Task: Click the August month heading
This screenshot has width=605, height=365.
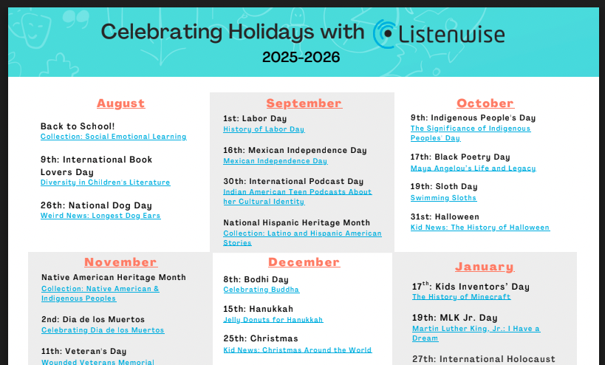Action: (x=120, y=103)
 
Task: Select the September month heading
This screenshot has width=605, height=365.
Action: (x=304, y=103)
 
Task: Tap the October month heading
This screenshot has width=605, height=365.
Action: (x=485, y=103)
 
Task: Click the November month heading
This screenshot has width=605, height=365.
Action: (x=120, y=262)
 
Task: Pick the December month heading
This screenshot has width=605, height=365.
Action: (x=304, y=262)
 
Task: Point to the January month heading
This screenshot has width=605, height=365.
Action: (x=485, y=267)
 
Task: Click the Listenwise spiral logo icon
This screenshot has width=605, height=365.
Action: (x=383, y=34)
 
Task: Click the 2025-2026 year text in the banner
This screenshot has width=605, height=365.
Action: (x=301, y=57)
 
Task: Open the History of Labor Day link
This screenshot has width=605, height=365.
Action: (x=264, y=129)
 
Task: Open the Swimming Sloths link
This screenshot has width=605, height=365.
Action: (x=443, y=198)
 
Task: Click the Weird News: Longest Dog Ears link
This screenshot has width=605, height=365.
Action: (x=100, y=216)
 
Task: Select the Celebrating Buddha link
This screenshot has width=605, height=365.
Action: (x=262, y=290)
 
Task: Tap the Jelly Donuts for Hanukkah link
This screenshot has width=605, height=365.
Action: (x=273, y=319)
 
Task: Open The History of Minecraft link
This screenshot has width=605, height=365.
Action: (x=461, y=297)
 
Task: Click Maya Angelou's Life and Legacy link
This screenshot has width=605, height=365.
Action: (x=473, y=168)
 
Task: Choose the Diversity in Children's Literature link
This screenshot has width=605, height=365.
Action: (x=106, y=182)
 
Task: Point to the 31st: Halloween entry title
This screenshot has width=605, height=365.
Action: (x=445, y=216)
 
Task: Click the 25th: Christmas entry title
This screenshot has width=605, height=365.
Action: (x=261, y=338)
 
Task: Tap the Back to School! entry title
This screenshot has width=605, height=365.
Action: (x=78, y=126)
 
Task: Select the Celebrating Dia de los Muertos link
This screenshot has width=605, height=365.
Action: (x=103, y=330)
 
